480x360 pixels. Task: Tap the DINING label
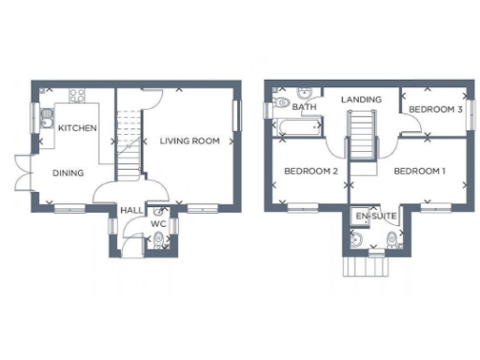pyautogui.click(x=67, y=172)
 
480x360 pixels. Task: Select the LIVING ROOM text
pyautogui.click(x=188, y=142)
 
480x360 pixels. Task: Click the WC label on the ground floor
pyautogui.click(x=159, y=224)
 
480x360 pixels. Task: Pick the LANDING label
pyautogui.click(x=361, y=98)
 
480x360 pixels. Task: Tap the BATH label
pyautogui.click(x=304, y=108)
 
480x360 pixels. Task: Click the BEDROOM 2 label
pyautogui.click(x=310, y=172)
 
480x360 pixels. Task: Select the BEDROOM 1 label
pyautogui.click(x=419, y=172)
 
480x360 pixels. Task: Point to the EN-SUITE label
pyautogui.click(x=376, y=217)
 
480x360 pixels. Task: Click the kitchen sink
pyautogui.click(x=47, y=118)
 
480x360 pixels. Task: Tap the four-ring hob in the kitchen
pyautogui.click(x=77, y=97)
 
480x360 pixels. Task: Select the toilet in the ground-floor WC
pyautogui.click(x=159, y=242)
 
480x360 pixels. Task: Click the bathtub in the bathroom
pyautogui.click(x=295, y=127)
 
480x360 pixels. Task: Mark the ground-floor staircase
pyautogui.click(x=130, y=141)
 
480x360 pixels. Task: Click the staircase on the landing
pyautogui.click(x=361, y=134)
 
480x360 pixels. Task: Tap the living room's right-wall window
pyautogui.click(x=238, y=118)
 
